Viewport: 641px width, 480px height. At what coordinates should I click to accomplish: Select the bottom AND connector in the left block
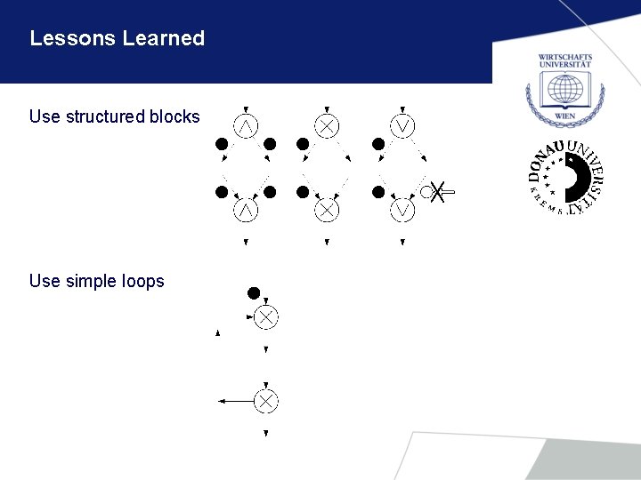pyautogui.click(x=246, y=211)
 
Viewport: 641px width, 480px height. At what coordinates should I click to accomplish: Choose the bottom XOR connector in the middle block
pyautogui.click(x=327, y=211)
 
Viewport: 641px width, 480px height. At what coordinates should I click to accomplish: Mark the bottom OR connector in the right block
pyautogui.click(x=403, y=211)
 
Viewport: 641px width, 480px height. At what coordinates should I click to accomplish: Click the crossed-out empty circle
pyautogui.click(x=429, y=191)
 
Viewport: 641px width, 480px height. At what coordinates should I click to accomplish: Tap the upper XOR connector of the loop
pyautogui.click(x=265, y=316)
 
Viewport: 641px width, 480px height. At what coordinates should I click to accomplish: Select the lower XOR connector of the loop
pyautogui.click(x=265, y=401)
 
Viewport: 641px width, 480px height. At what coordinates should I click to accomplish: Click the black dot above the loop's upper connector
pyautogui.click(x=254, y=292)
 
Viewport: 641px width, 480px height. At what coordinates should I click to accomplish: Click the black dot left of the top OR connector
pyautogui.click(x=378, y=143)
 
